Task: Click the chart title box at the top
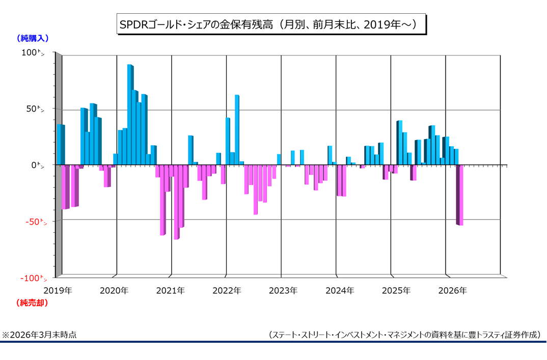270,24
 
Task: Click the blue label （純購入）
33,38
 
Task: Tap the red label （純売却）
33,303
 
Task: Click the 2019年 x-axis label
58,291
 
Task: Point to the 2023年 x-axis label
283,291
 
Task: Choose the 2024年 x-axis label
339,291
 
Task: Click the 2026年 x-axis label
452,291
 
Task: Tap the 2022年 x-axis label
227,291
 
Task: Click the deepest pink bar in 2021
176,202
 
